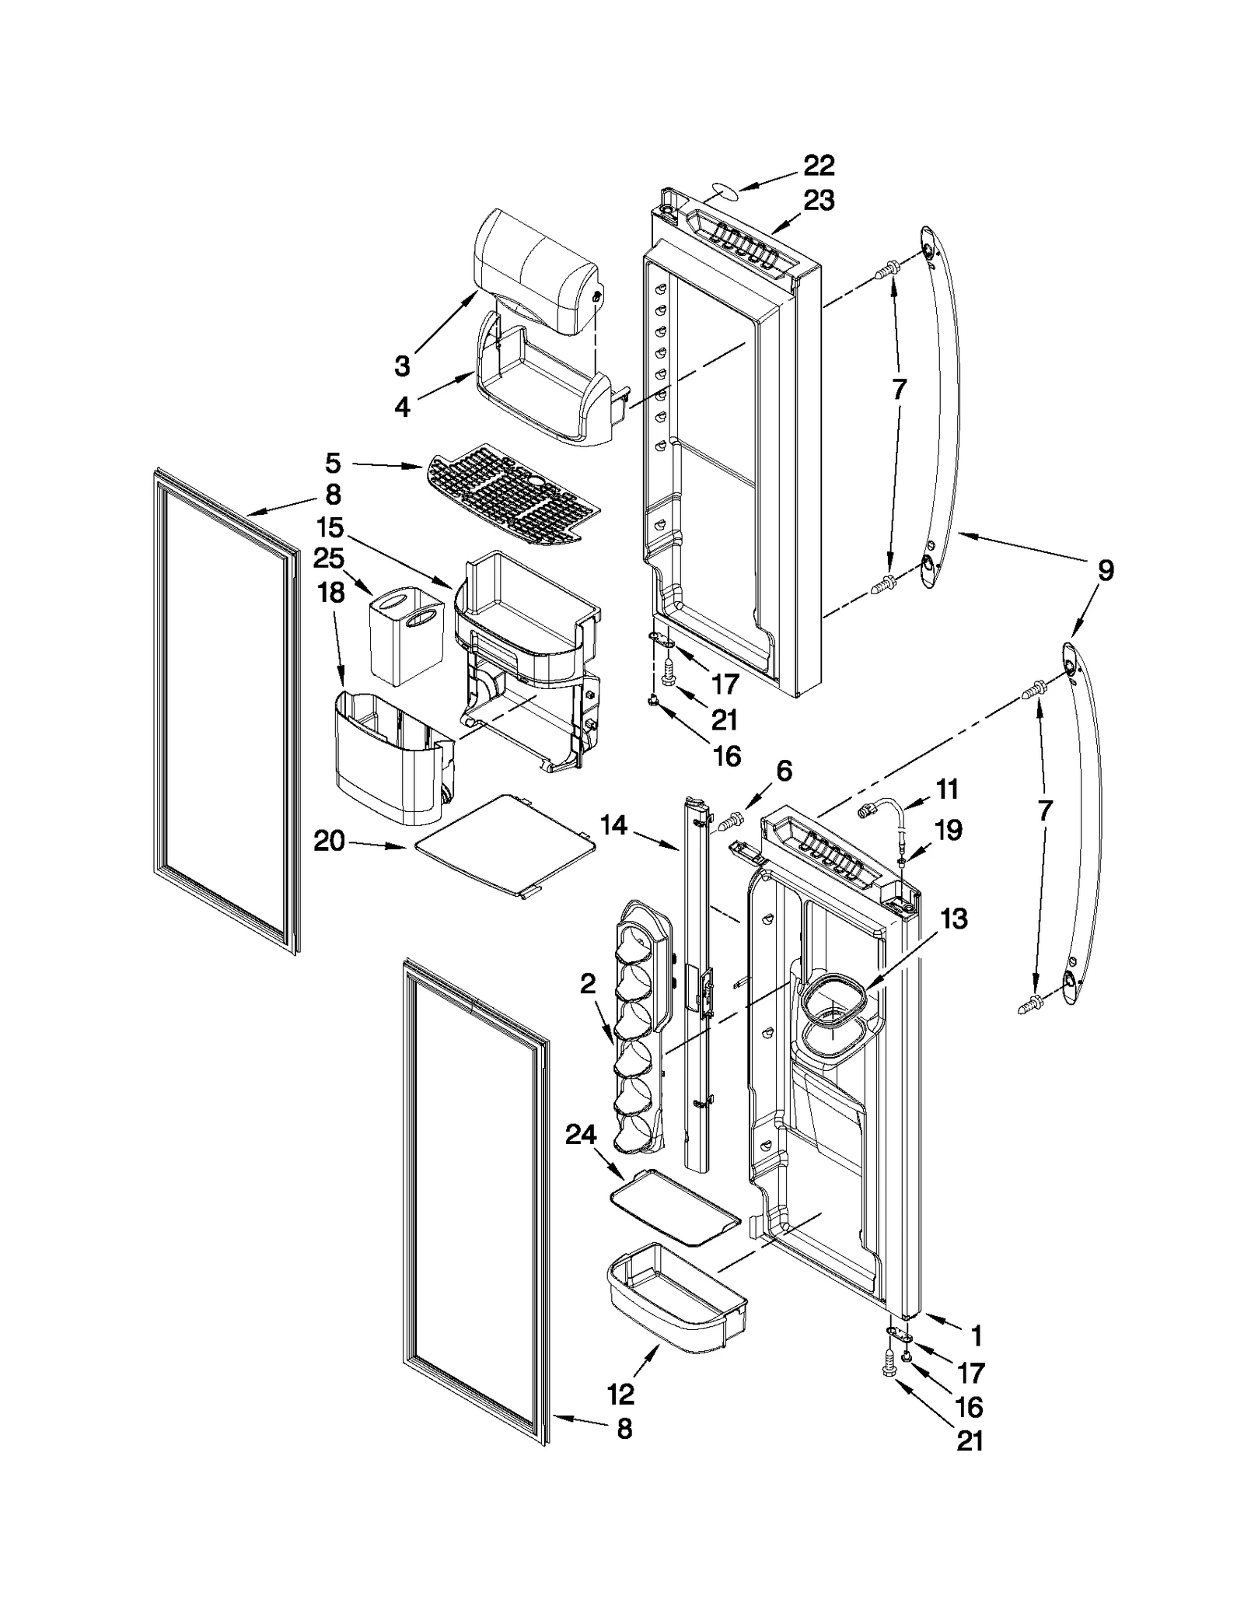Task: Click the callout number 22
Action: [819, 165]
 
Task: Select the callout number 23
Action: [819, 201]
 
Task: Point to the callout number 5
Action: [333, 464]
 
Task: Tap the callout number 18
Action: [331, 593]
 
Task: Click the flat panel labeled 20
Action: [505, 844]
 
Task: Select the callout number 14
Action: [613, 825]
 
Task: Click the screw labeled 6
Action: [729, 819]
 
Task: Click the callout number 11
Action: [947, 789]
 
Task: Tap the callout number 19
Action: [948, 830]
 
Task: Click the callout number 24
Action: [581, 1136]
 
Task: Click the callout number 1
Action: [977, 1336]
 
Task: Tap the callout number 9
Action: [1105, 570]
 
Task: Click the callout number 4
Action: [402, 407]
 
